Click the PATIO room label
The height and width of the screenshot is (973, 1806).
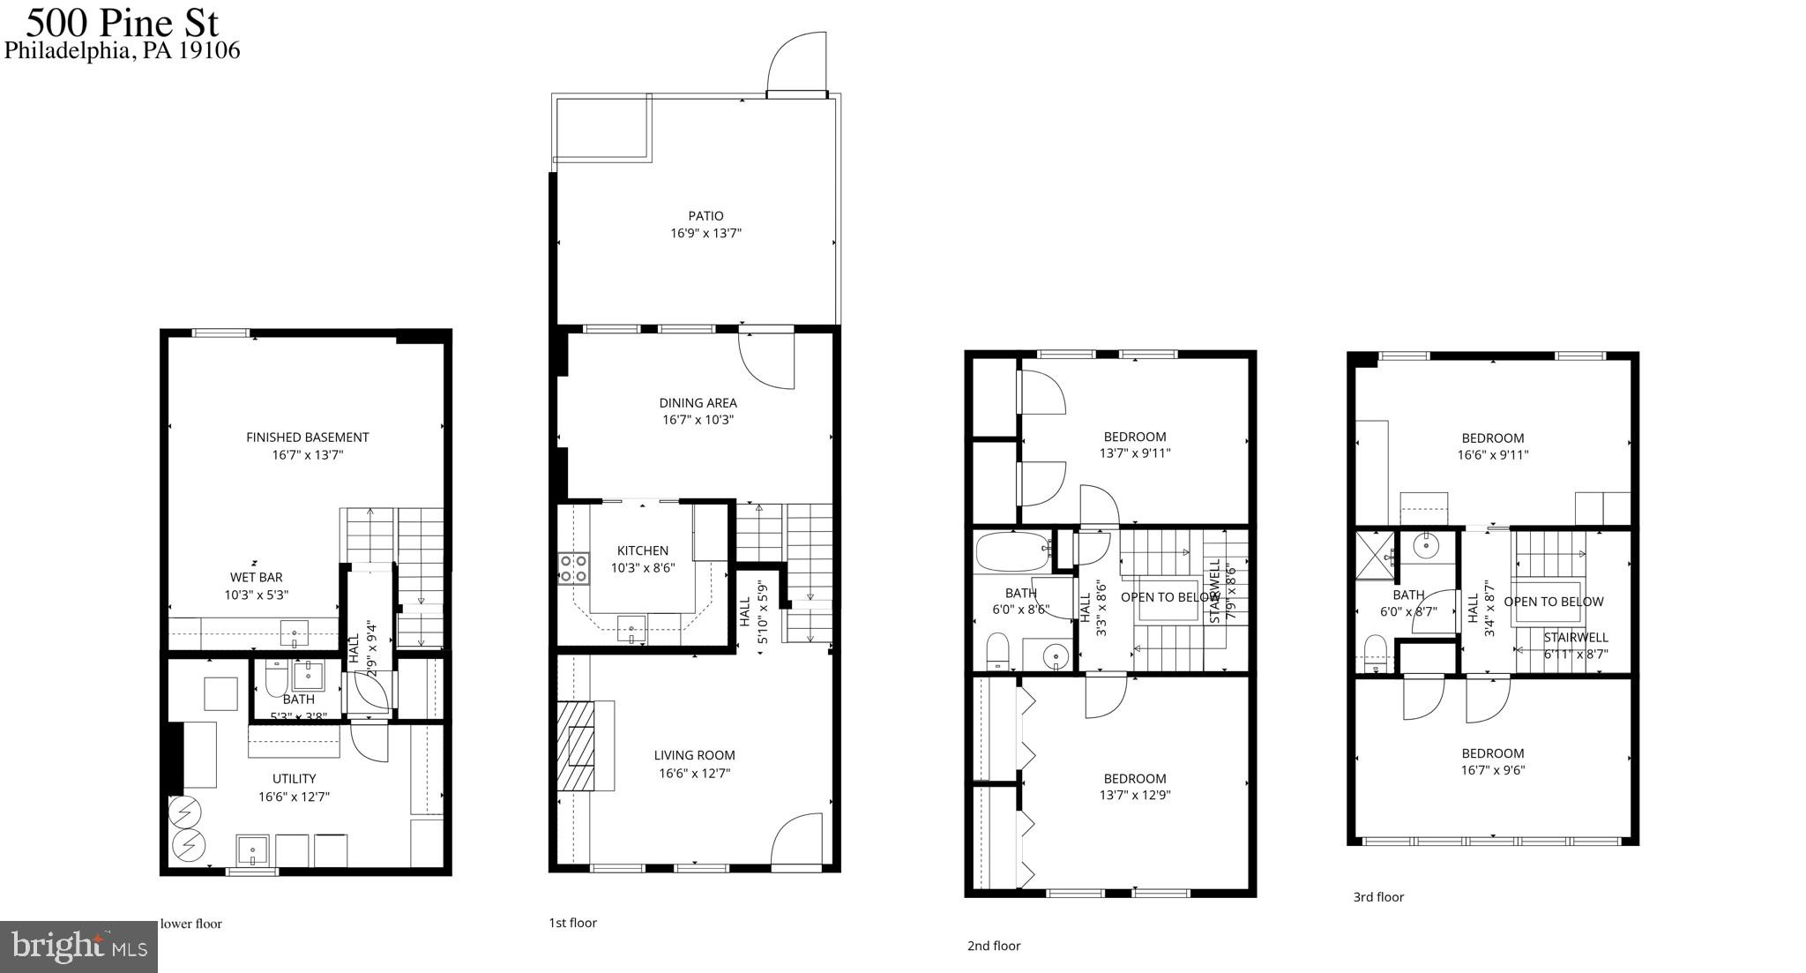705,216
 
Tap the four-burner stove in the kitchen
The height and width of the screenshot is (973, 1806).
573,569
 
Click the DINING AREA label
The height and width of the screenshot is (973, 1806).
698,403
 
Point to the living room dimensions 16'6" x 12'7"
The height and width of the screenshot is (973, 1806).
694,774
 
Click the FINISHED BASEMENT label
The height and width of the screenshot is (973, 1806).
307,438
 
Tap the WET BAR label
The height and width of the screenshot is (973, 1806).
257,578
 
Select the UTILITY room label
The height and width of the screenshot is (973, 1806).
294,779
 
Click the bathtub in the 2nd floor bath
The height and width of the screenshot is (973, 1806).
1011,552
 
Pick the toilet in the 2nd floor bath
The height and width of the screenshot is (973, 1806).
997,651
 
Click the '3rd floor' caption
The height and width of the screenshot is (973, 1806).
1378,897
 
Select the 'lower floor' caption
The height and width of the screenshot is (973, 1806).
190,924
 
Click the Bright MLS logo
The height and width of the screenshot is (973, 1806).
78,947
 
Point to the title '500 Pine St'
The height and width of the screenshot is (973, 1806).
122,21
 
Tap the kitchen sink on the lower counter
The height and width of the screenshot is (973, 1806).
631,630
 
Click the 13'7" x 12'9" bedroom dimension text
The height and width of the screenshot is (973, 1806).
1135,795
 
